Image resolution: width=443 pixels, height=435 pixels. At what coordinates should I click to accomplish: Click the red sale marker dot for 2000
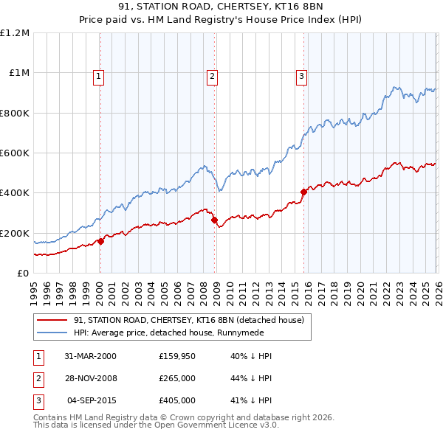pyautogui.click(x=101, y=241)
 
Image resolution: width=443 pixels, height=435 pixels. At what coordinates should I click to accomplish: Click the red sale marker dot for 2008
pyautogui.click(x=214, y=220)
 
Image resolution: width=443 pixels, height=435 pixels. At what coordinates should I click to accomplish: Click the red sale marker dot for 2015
pyautogui.click(x=303, y=192)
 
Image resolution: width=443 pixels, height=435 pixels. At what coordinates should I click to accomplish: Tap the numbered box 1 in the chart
pyautogui.click(x=99, y=74)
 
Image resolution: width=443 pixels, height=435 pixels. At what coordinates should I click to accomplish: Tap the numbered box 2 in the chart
pyautogui.click(x=212, y=74)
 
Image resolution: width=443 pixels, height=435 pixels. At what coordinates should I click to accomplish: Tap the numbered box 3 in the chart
pyautogui.click(x=302, y=74)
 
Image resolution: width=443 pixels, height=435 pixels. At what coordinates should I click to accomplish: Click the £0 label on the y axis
pyautogui.click(x=22, y=274)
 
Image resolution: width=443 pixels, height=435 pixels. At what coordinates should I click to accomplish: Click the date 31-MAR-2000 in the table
pyautogui.click(x=90, y=356)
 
